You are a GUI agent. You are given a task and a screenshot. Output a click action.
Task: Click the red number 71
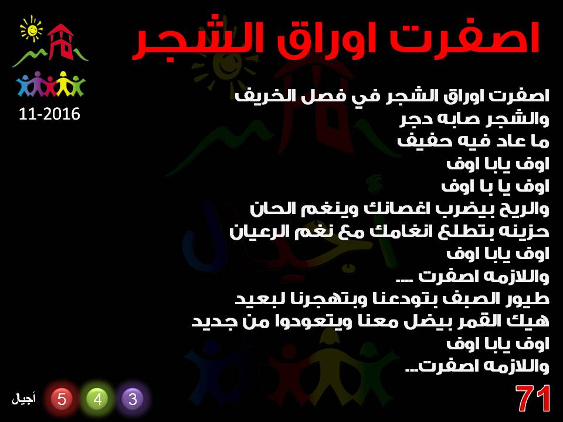[x=533, y=399]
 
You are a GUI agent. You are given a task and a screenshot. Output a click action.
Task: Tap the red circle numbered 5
[x=62, y=399]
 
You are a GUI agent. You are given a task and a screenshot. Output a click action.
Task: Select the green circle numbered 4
[x=97, y=399]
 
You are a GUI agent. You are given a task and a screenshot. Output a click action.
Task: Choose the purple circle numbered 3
[x=133, y=399]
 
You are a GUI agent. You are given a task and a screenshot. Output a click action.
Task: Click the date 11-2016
[x=49, y=114]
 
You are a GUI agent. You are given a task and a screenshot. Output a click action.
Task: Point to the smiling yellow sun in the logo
[x=32, y=29]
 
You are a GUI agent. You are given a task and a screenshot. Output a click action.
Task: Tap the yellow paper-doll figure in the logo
[x=63, y=83]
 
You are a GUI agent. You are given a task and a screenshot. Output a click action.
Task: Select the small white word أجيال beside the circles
[x=23, y=399]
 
